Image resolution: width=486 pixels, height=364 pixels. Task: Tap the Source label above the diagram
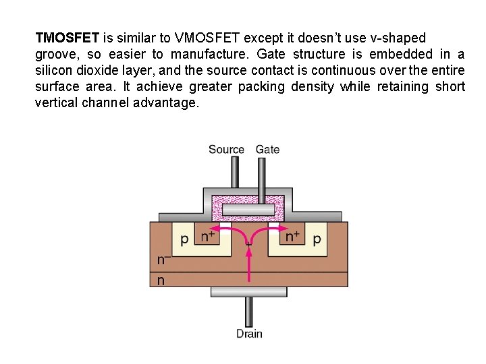226,150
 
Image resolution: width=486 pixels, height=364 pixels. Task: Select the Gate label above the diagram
267,150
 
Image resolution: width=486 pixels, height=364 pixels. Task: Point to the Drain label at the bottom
249,333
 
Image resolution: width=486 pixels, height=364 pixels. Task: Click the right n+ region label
292,237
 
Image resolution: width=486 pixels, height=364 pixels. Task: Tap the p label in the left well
184,239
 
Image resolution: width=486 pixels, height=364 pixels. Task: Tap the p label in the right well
317,239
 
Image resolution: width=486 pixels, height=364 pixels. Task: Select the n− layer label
163,260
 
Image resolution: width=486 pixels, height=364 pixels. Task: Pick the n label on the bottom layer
161,280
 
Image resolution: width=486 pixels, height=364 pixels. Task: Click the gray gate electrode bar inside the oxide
248,210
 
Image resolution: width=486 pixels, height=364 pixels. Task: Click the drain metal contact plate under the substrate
248,292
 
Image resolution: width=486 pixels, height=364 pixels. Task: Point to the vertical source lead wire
234,173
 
